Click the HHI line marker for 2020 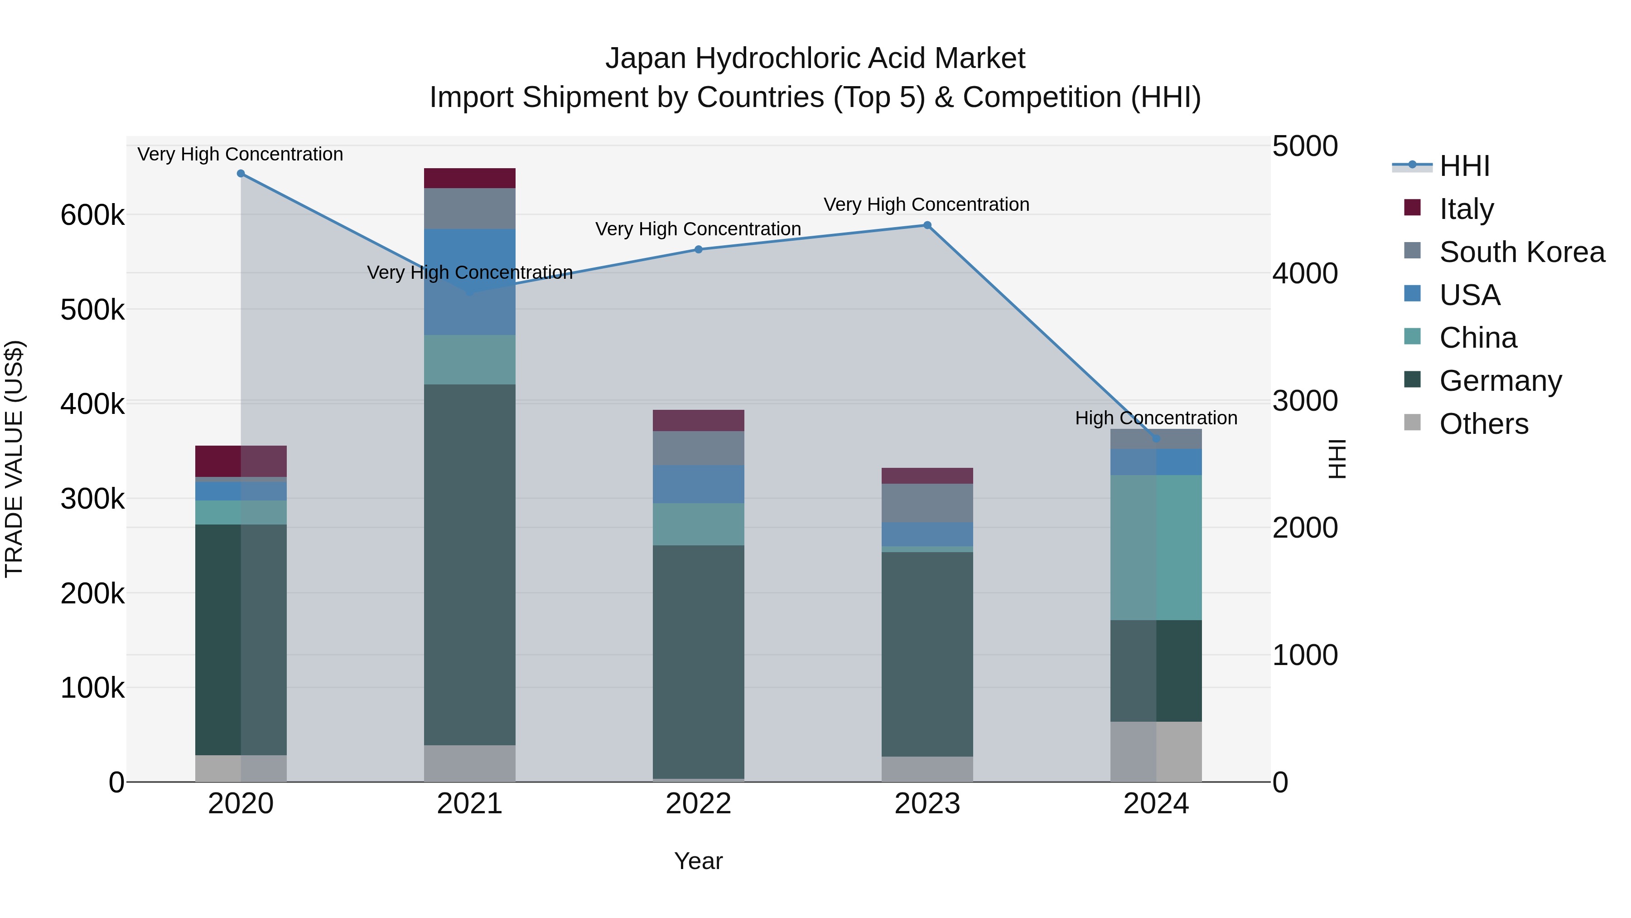pyautogui.click(x=241, y=174)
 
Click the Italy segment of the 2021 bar pyautogui.click(x=469, y=178)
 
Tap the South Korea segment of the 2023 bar pyautogui.click(x=927, y=503)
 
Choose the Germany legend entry pyautogui.click(x=1500, y=381)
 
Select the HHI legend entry pyautogui.click(x=1463, y=167)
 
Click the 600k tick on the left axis pyautogui.click(x=92, y=215)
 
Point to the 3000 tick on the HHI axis pyautogui.click(x=1305, y=401)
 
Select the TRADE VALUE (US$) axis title pyautogui.click(x=14, y=459)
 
